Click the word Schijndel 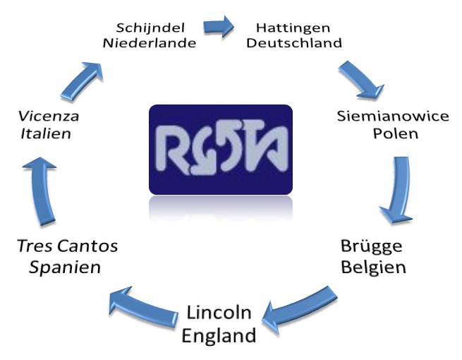click(150, 28)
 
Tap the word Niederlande click(150, 43)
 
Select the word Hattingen click(293, 29)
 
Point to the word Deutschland click(294, 43)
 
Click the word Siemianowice click(393, 116)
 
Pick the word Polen click(396, 133)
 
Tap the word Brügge click(372, 247)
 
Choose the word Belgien click(373, 268)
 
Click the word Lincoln click(219, 313)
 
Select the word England click(219, 335)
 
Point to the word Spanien click(65, 268)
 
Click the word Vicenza click(49, 116)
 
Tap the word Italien click(46, 133)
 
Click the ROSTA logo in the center click(221, 150)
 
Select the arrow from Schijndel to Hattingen click(219, 27)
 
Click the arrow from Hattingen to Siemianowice click(361, 80)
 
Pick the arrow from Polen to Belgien click(399, 190)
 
